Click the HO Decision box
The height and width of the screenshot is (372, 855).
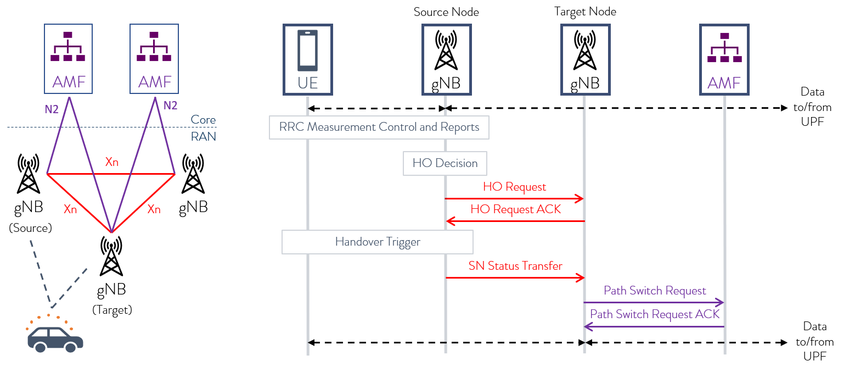pos(445,163)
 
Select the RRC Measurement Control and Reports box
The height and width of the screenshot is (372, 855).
pos(379,127)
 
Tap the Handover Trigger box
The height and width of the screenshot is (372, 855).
pos(378,242)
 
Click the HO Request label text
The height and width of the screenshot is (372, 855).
pos(514,187)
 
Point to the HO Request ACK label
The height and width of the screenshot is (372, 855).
pos(515,209)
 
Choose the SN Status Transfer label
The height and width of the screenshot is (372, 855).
pos(515,266)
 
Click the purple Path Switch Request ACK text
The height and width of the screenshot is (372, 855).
pos(655,314)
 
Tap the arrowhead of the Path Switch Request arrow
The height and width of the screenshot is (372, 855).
pos(720,303)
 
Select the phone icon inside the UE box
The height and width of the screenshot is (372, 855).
pos(308,51)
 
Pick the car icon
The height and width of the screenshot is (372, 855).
pos(55,338)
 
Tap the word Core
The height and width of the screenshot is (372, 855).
pos(203,120)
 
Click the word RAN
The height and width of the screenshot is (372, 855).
pos(203,136)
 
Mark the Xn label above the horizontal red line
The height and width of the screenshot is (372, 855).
pos(111,162)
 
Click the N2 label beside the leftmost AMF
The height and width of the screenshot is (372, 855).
pos(52,109)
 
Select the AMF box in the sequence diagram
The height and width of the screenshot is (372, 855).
pos(724,59)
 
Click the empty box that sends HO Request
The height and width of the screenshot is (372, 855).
pos(445,59)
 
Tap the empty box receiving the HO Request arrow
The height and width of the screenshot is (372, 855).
pos(585,59)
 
